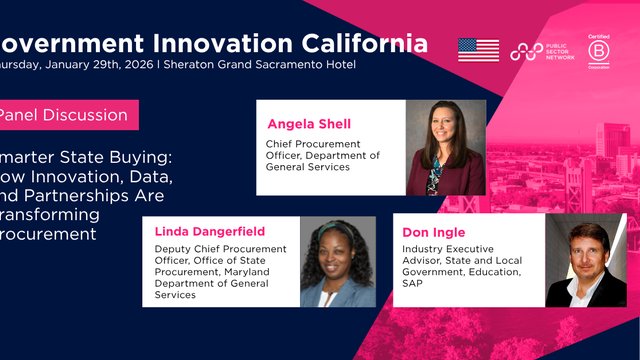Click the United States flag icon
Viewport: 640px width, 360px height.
478,50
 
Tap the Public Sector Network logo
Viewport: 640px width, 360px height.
539,50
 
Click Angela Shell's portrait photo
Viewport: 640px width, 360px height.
446,148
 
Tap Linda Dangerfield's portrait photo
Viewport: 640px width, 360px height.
337,262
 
